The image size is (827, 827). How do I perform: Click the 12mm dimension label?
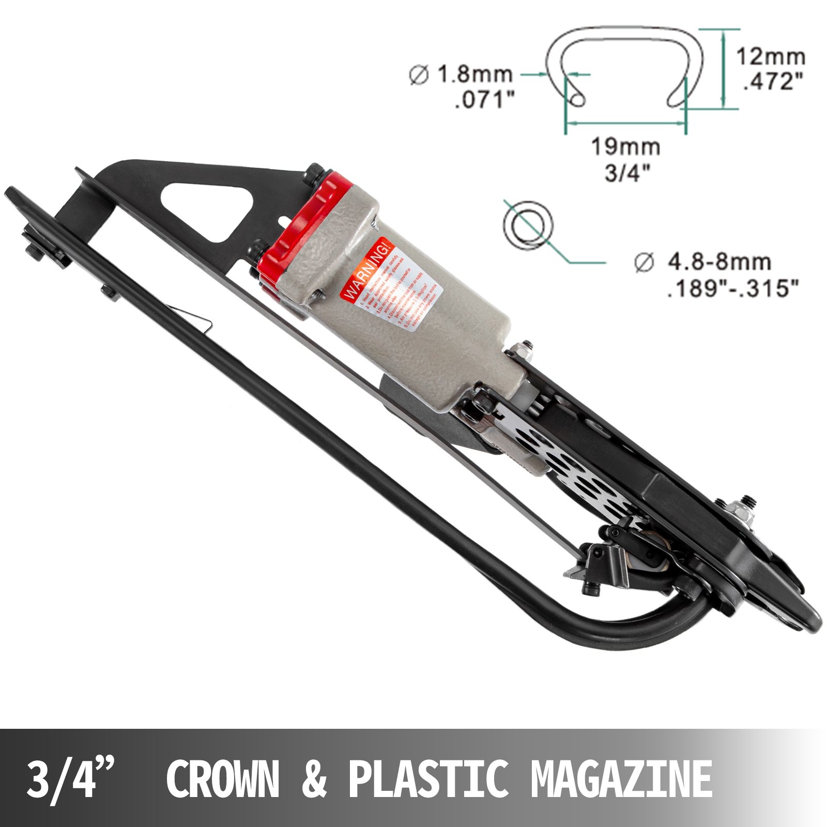point(770,56)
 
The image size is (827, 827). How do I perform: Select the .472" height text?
point(773,82)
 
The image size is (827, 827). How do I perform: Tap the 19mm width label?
point(625,147)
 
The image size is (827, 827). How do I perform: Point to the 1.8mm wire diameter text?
point(475,75)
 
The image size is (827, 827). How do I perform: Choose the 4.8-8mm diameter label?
point(718,262)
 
